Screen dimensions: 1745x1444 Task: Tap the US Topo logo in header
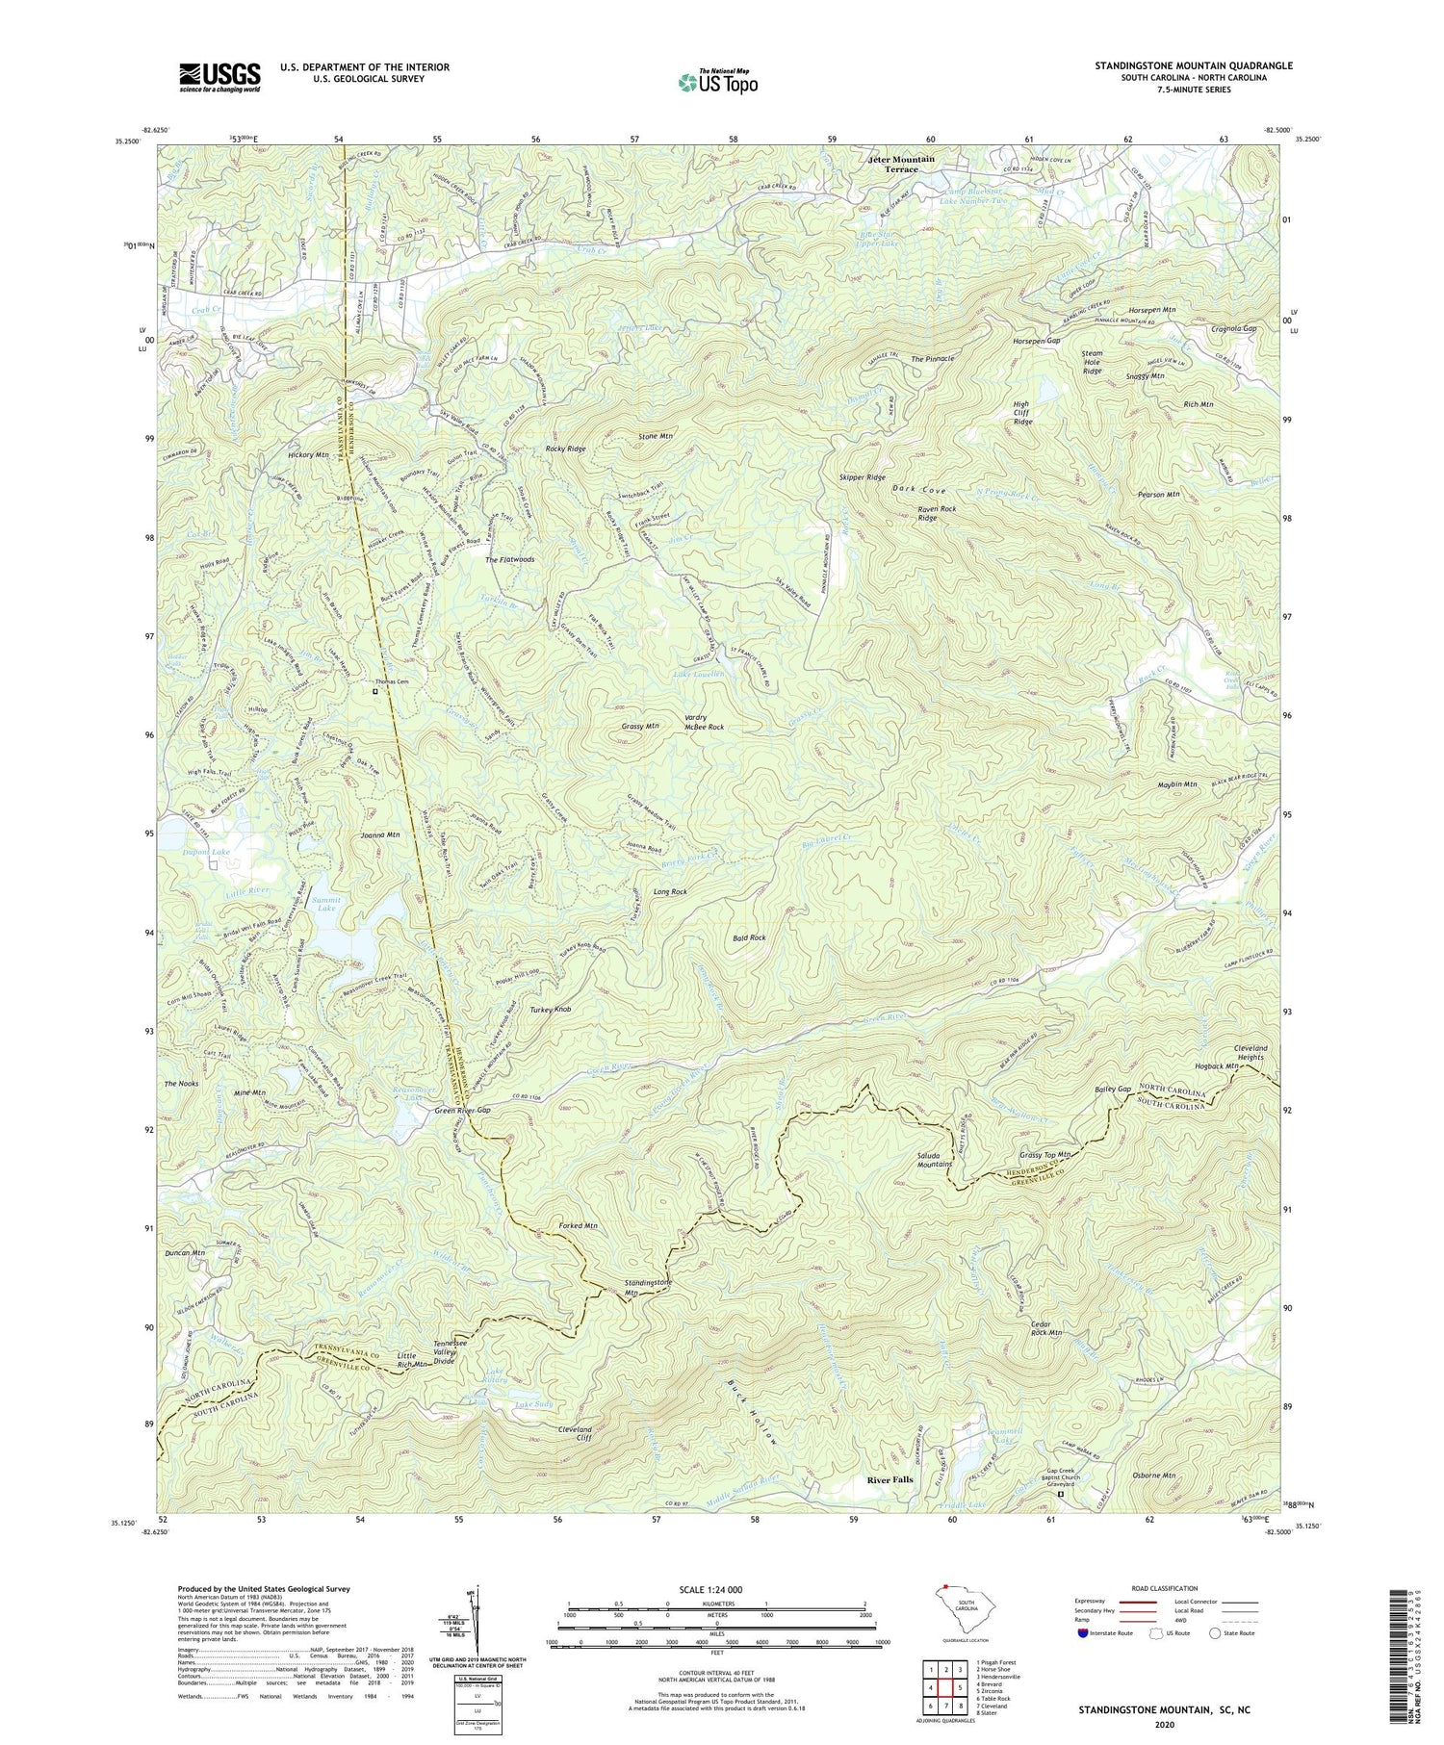pos(717,82)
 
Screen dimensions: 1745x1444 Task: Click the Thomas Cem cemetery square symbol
pos(375,690)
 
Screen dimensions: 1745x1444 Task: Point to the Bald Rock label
pos(748,937)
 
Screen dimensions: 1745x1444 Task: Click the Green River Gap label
pos(463,1111)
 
